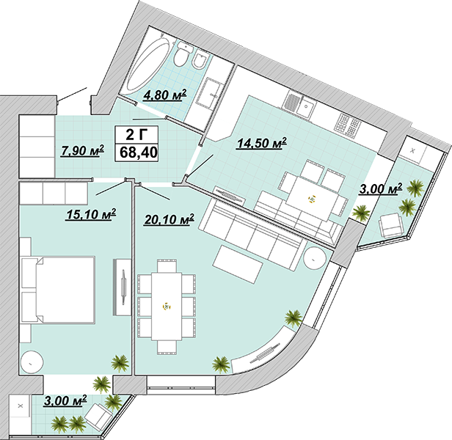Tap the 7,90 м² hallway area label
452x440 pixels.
(82, 151)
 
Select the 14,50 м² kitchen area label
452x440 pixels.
(261, 143)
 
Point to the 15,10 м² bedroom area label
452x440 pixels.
(91, 214)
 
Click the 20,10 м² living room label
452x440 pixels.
(169, 219)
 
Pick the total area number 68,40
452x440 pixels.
(139, 152)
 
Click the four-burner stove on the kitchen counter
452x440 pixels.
(347, 124)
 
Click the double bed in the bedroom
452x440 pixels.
(59, 290)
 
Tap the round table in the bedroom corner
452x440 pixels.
(32, 362)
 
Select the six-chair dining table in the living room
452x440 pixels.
(167, 307)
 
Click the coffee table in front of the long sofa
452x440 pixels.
(238, 264)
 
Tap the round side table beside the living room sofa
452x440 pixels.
(316, 258)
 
